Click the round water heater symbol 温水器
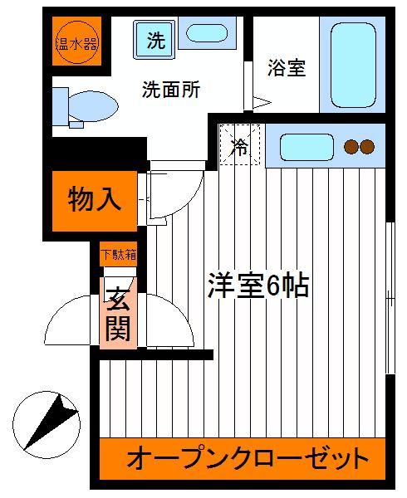[77, 42]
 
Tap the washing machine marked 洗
[154, 39]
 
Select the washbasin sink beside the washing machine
[207, 34]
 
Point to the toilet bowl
[93, 106]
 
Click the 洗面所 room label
[171, 90]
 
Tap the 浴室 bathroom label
[287, 68]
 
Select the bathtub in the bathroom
[353, 65]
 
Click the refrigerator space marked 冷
[240, 144]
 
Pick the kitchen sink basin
[306, 147]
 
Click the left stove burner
[351, 147]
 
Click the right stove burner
[367, 147]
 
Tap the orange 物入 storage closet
[95, 201]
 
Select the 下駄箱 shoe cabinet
[118, 254]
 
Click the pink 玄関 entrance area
[118, 313]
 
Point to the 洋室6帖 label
[258, 285]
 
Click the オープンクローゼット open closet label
[248, 458]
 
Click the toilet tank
[61, 106]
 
